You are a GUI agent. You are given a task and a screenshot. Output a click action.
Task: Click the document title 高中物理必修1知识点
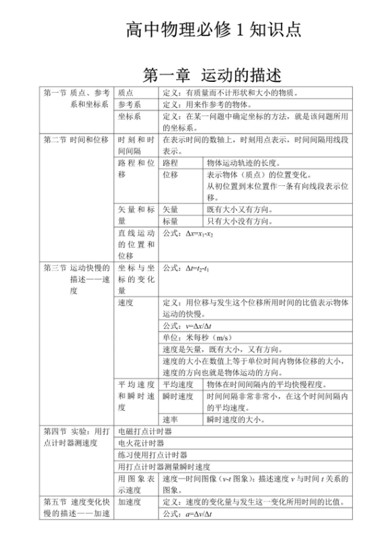pos(214,30)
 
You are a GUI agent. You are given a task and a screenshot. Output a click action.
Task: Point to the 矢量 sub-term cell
pos(171,209)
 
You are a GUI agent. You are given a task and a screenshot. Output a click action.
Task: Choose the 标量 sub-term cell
pos(171,221)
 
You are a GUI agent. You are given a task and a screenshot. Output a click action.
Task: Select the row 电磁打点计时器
pos(144,431)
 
